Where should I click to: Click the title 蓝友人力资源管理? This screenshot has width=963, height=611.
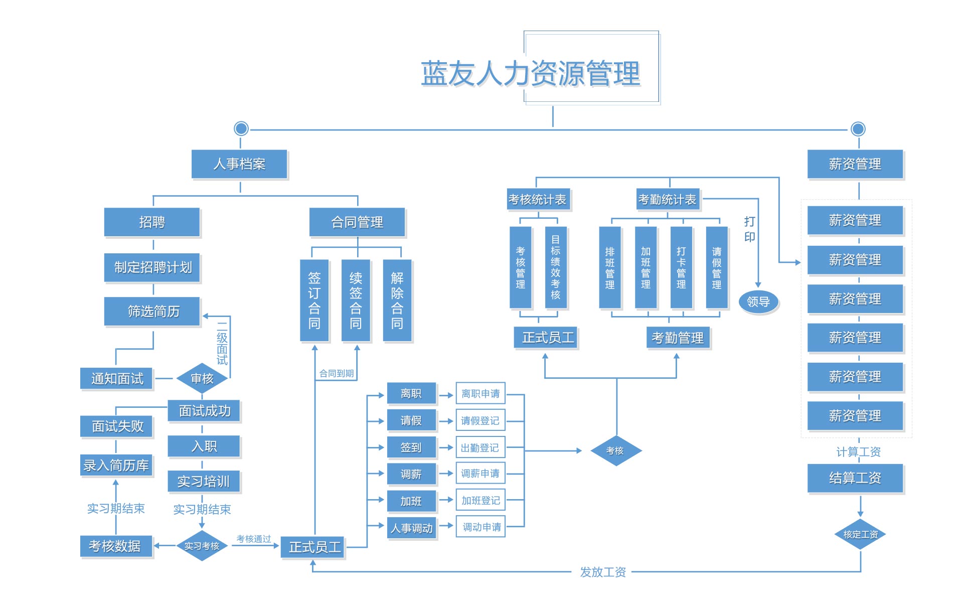(531, 73)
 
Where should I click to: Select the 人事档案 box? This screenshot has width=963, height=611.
(239, 164)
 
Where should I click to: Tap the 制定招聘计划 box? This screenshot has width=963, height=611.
(152, 267)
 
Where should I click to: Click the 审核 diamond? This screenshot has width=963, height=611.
(202, 378)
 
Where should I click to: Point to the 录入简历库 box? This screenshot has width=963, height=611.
(116, 466)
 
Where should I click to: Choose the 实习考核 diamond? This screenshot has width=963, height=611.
(202, 546)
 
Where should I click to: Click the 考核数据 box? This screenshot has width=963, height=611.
(115, 546)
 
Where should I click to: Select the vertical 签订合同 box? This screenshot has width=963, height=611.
(314, 300)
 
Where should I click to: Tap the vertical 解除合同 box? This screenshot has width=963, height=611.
(397, 300)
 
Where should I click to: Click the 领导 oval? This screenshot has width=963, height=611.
(758, 301)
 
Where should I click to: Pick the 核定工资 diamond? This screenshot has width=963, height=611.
(860, 534)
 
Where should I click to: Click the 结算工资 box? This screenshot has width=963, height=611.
(855, 478)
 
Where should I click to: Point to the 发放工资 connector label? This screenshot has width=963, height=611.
(603, 572)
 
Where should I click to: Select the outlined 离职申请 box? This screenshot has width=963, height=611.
(480, 394)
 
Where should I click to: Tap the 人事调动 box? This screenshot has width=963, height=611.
(412, 528)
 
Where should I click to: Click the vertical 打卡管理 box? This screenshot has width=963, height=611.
(681, 267)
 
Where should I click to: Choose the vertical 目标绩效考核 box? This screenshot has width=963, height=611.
(556, 267)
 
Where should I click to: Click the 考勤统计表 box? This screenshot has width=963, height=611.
(668, 200)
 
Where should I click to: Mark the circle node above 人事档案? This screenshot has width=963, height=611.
(241, 129)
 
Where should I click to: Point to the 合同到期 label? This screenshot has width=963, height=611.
(337, 373)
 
